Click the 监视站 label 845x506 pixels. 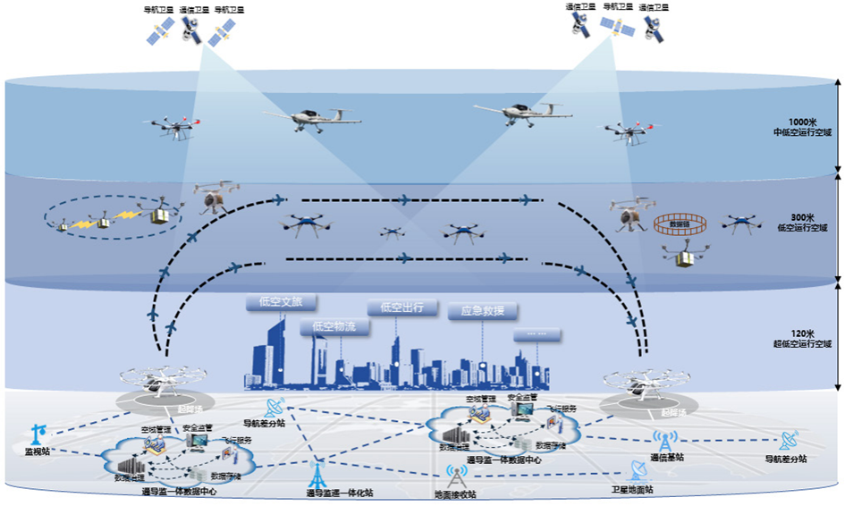pos(37,452)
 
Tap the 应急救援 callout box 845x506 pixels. pos(483,311)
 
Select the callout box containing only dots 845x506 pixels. pos(538,335)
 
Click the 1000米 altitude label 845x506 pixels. pos(802,122)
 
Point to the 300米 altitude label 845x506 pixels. pos(802,217)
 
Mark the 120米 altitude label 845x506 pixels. pos(802,333)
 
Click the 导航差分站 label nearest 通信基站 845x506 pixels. pos(786,459)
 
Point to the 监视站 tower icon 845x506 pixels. pos(37,434)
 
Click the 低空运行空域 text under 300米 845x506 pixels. pos(802,228)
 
